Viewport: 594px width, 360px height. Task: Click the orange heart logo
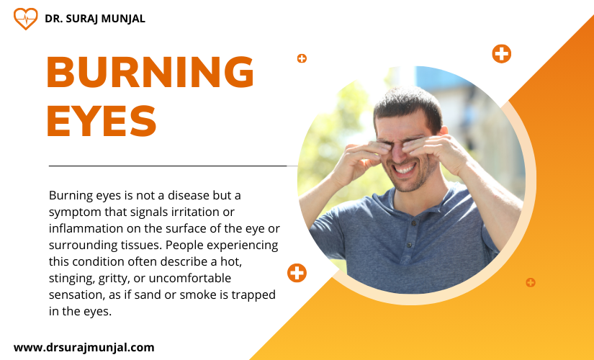(x=25, y=19)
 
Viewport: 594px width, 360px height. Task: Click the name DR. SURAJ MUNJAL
(x=95, y=19)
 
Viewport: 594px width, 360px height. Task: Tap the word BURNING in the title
(x=150, y=71)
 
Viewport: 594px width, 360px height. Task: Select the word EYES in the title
(x=102, y=120)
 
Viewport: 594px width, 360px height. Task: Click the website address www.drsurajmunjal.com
(x=84, y=347)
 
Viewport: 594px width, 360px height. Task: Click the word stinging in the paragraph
(x=72, y=279)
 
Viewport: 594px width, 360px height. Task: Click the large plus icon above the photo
(x=502, y=53)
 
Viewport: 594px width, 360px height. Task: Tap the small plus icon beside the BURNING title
(x=302, y=58)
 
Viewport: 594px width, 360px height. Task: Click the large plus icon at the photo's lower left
(x=297, y=273)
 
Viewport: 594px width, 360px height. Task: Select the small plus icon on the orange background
(x=531, y=282)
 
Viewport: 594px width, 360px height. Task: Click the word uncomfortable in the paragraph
(x=190, y=279)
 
